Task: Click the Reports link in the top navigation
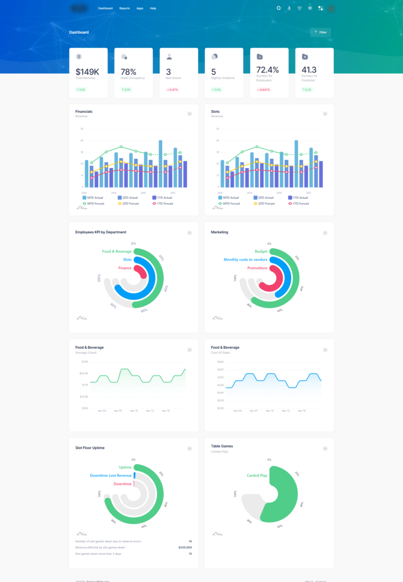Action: coord(124,8)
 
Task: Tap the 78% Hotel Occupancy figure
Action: coord(129,71)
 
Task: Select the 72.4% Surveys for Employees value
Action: coord(268,69)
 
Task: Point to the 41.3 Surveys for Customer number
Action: coord(309,69)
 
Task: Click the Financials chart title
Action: coord(84,111)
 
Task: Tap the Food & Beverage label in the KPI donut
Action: coord(116,252)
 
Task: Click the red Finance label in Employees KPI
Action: coord(125,268)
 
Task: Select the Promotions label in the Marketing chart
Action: coord(257,268)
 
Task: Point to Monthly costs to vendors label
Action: coord(246,259)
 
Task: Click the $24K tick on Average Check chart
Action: coord(84,362)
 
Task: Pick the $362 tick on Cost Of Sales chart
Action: coord(220,362)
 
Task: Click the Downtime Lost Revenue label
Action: coord(111,475)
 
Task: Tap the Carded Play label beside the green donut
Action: coord(257,475)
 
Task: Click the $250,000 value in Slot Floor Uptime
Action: coord(185,547)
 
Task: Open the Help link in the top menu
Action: coord(153,8)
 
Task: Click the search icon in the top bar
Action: coord(279,8)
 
